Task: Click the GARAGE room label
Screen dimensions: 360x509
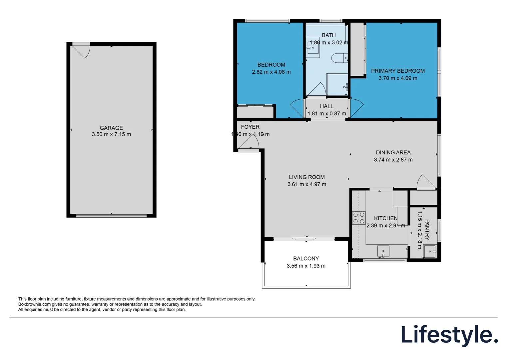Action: click(111, 128)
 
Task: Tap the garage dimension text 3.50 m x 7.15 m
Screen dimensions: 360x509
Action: click(111, 134)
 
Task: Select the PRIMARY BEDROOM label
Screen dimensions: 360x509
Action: click(398, 71)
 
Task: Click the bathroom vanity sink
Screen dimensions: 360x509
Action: click(313, 48)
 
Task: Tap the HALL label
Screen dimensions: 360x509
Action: click(326, 106)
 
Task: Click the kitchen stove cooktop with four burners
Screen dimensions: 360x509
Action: click(359, 218)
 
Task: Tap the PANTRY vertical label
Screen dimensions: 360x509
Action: click(427, 230)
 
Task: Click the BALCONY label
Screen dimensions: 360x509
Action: click(306, 258)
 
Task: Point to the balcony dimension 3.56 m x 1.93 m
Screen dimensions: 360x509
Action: click(306, 266)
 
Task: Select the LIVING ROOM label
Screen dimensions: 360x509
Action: click(306, 177)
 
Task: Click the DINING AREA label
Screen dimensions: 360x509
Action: click(393, 152)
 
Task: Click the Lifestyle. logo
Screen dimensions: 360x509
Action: click(449, 335)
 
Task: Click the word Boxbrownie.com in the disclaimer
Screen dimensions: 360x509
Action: click(35, 304)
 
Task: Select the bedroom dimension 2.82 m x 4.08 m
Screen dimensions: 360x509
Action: click(271, 72)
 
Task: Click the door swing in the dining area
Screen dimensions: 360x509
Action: click(425, 182)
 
